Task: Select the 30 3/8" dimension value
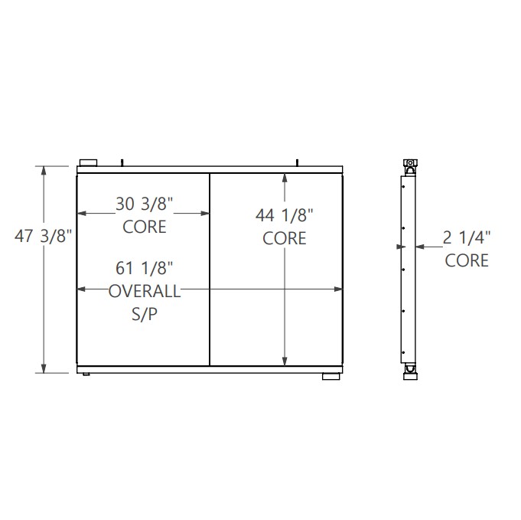pyautogui.click(x=145, y=204)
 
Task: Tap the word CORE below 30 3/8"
pyautogui.click(x=145, y=227)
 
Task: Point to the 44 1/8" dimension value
pyautogui.click(x=285, y=216)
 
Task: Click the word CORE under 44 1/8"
pyautogui.click(x=285, y=238)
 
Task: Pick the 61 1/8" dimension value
pyautogui.click(x=145, y=268)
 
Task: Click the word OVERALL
pyautogui.click(x=145, y=290)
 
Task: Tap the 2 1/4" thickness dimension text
pyautogui.click(x=467, y=238)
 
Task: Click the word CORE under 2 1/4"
pyautogui.click(x=467, y=260)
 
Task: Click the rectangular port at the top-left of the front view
pyautogui.click(x=88, y=162)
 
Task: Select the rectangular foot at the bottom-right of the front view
pyautogui.click(x=331, y=377)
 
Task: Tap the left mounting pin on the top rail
pyautogui.click(x=122, y=162)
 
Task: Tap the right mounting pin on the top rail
pyautogui.click(x=298, y=162)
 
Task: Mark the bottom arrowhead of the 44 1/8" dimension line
pyautogui.click(x=285, y=359)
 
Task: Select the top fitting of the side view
pyautogui.click(x=409, y=165)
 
